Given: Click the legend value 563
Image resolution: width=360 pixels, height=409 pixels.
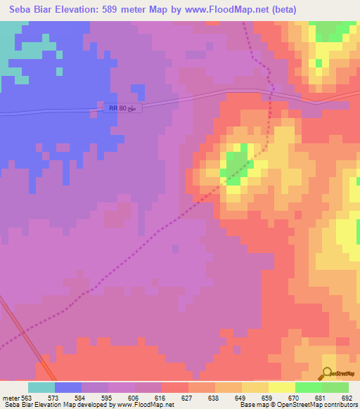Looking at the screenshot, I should (x=28, y=397).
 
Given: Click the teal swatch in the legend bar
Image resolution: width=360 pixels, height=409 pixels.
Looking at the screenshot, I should (x=41, y=387).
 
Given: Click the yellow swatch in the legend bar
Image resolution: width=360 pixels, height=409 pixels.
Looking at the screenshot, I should (x=282, y=387).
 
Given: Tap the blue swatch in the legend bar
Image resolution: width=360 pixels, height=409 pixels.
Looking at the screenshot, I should (x=68, y=387).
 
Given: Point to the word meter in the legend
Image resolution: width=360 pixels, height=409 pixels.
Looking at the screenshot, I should (x=11, y=397).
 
